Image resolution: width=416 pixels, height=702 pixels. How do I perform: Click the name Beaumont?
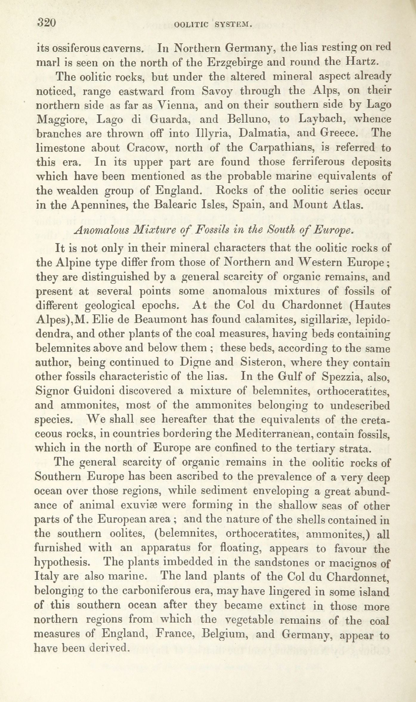click(160, 320)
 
